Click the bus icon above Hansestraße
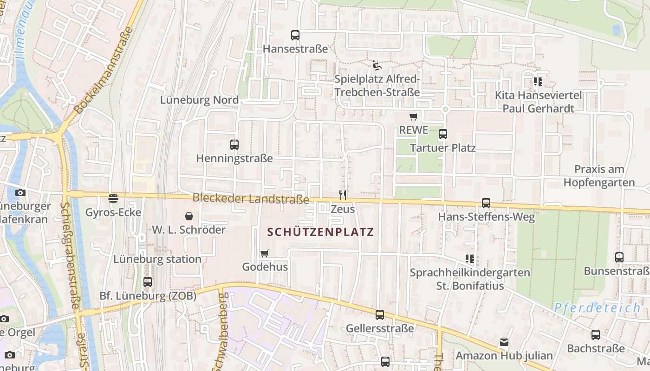(x=295, y=35)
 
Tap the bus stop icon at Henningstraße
(x=234, y=145)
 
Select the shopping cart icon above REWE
(x=413, y=116)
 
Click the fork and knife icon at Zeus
(x=343, y=195)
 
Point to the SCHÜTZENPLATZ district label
(x=320, y=232)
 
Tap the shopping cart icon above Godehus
(x=265, y=253)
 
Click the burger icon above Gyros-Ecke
(x=113, y=198)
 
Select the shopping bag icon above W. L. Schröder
(x=189, y=216)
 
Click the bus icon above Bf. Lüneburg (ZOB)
(x=148, y=281)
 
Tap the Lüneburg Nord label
(x=199, y=100)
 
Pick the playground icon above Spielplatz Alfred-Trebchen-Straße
(x=377, y=65)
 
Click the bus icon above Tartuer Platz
(x=443, y=134)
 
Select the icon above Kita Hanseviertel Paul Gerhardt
(x=538, y=82)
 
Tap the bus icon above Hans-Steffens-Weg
(x=486, y=203)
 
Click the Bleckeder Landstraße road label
(x=251, y=198)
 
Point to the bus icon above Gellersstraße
(x=380, y=315)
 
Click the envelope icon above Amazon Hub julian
(x=504, y=342)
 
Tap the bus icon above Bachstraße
(x=596, y=334)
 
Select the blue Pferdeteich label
(x=597, y=307)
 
